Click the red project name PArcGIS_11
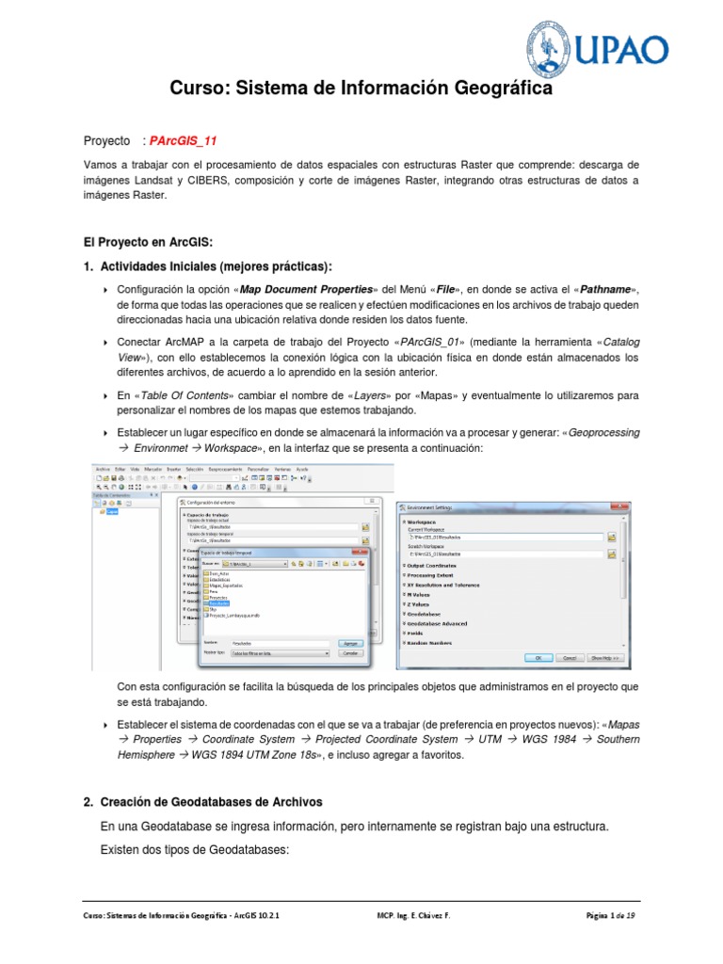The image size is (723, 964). pos(184,140)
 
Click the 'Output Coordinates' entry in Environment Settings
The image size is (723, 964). pos(441,565)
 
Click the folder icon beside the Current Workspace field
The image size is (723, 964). pos(611,536)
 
